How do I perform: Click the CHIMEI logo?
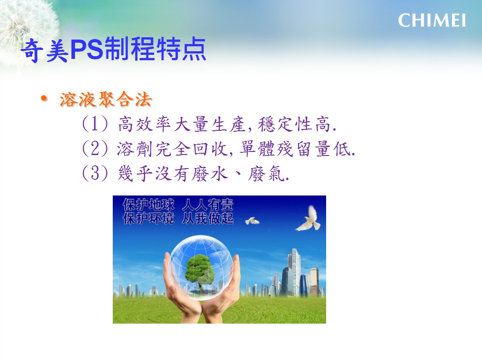(x=432, y=21)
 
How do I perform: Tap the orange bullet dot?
(x=44, y=98)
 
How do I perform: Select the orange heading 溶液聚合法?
(x=106, y=99)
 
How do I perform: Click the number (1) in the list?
(x=95, y=124)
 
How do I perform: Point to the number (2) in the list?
(x=95, y=148)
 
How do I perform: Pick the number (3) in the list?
(x=95, y=173)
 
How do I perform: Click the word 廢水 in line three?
(x=210, y=173)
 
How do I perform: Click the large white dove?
(x=309, y=218)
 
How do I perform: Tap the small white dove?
(x=252, y=221)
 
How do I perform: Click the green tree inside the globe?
(x=199, y=271)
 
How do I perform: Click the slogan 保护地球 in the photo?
(x=149, y=205)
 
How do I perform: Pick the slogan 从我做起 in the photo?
(x=208, y=218)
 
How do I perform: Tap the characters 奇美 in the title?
(x=45, y=50)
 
